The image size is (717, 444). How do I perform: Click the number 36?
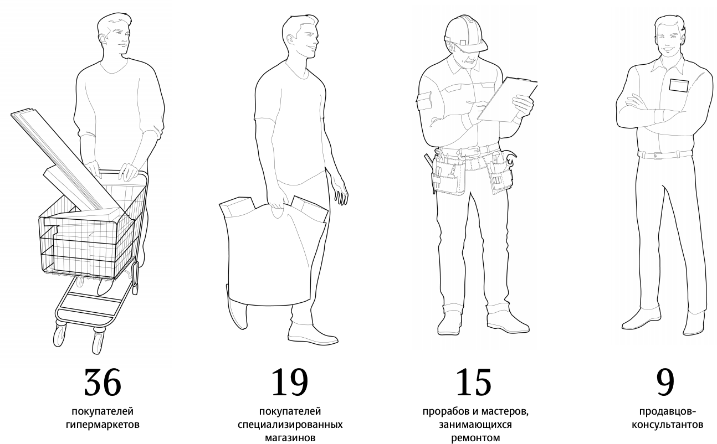[103, 382]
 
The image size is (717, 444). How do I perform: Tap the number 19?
[290, 382]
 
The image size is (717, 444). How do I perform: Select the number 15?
[473, 382]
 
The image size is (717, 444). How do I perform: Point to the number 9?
[665, 382]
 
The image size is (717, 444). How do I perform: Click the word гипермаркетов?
[103, 425]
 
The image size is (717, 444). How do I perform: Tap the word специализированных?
[290, 425]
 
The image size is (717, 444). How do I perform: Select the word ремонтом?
[475, 438]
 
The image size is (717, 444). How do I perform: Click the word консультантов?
[667, 425]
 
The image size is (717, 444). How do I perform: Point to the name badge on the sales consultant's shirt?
[679, 85]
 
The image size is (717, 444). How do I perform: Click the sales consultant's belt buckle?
[658, 156]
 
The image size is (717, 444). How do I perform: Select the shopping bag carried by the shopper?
[274, 252]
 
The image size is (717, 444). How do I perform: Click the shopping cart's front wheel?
[59, 335]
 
